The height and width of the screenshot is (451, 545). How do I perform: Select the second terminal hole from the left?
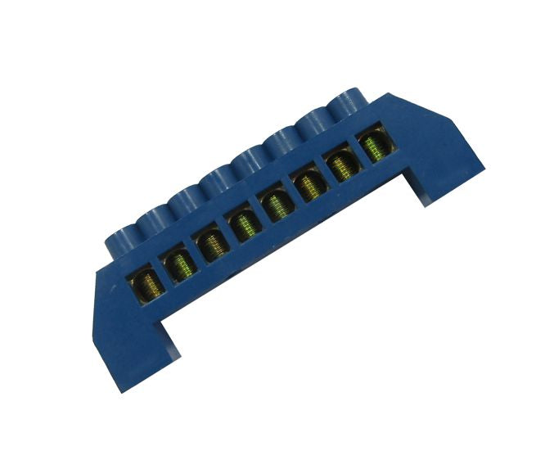pyautogui.click(x=179, y=265)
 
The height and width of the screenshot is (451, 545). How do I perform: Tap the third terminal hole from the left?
pyautogui.click(x=211, y=245)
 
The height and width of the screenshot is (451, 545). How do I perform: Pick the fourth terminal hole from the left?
pyautogui.click(x=243, y=224)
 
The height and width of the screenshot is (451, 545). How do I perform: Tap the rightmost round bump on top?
pyautogui.click(x=349, y=106)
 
